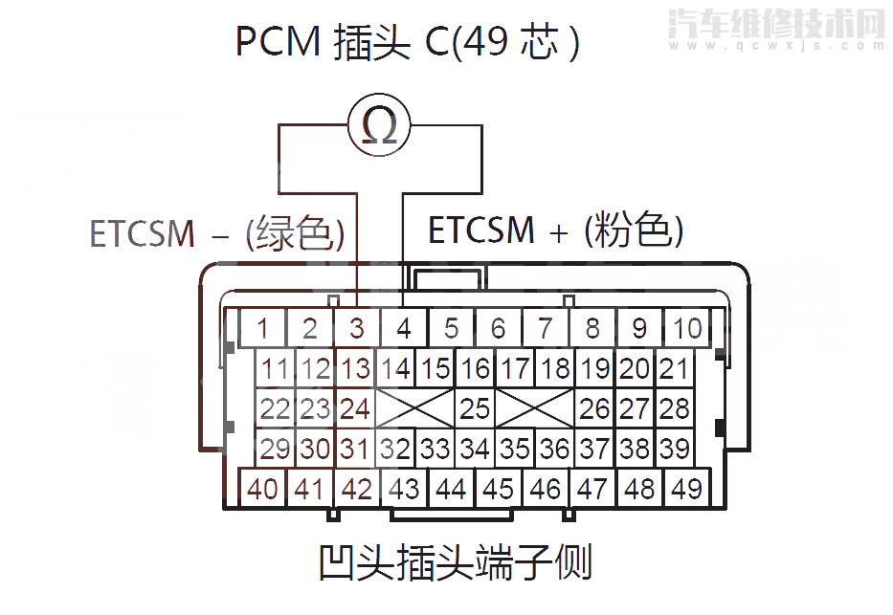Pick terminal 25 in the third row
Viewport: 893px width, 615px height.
click(475, 408)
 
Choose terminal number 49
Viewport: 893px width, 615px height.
click(686, 489)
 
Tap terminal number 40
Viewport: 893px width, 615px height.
click(262, 489)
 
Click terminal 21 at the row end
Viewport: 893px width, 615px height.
click(674, 368)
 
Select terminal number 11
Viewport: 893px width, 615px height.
click(275, 368)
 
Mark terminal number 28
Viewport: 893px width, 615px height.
click(674, 408)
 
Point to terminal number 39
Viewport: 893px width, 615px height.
click(674, 448)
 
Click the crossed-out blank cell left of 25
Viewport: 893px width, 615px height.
click(414, 408)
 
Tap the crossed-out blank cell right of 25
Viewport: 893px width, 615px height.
click(535, 408)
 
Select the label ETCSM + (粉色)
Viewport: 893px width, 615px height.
click(555, 231)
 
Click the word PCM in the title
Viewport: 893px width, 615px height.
click(277, 43)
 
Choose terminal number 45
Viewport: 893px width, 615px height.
click(498, 489)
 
